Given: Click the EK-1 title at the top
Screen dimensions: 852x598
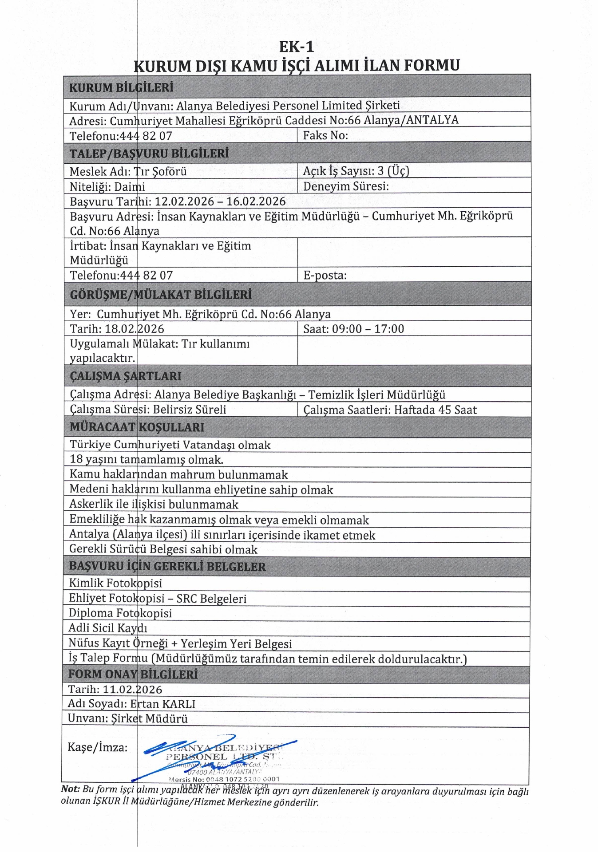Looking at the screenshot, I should [x=297, y=47].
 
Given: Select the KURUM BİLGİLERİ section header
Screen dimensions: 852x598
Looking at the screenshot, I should [x=121, y=87].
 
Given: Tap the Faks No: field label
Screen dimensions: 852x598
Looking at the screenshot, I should [x=325, y=135].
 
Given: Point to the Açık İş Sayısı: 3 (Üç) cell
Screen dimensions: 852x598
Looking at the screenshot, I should [x=356, y=171].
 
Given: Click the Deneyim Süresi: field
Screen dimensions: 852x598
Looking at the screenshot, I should [x=346, y=186].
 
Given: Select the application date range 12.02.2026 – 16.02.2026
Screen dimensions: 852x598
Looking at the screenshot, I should [x=220, y=201].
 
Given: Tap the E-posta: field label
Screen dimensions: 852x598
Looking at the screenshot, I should [x=325, y=275].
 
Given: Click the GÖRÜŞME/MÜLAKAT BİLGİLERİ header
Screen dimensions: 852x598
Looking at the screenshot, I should [x=161, y=295].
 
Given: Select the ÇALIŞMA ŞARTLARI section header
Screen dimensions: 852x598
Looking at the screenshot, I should [x=126, y=376].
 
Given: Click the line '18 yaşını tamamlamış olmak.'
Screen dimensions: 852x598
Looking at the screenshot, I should [x=147, y=459].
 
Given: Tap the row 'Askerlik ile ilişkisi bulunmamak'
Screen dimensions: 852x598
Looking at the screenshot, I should [x=154, y=505].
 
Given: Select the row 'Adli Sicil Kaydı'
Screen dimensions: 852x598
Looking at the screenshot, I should [x=108, y=628].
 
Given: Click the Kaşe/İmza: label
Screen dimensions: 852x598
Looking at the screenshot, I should [x=98, y=747].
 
